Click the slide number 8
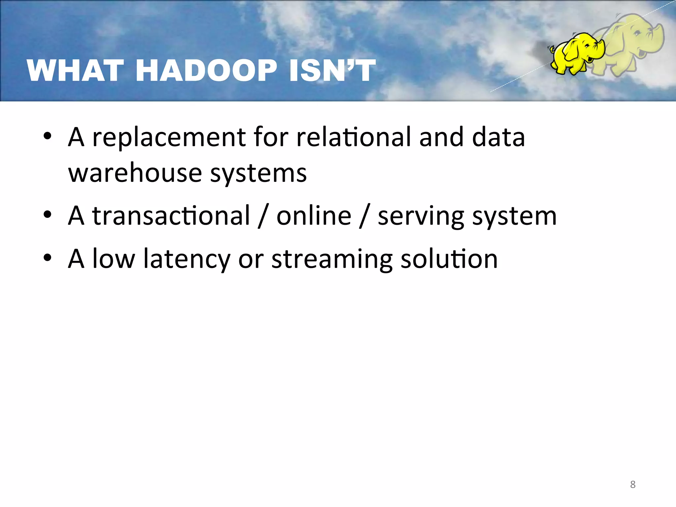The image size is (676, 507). pyautogui.click(x=632, y=484)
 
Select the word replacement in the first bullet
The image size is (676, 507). pyautogui.click(x=169, y=138)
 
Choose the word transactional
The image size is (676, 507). pyautogui.click(x=171, y=216)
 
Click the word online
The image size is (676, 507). pyautogui.click(x=314, y=216)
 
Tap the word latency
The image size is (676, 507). pyautogui.click(x=186, y=259)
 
